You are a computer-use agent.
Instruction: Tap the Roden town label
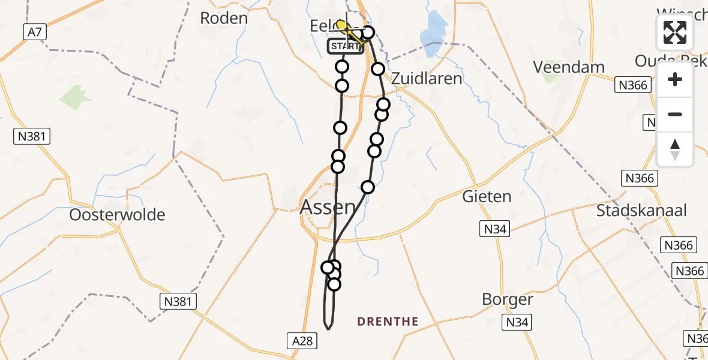pos(224,18)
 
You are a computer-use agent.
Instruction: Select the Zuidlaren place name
pos(427,79)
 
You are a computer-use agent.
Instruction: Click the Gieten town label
pos(487,196)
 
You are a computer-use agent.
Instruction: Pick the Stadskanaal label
pos(641,211)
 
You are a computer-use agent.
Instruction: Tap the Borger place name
pos(508,299)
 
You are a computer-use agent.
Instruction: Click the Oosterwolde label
pos(117,215)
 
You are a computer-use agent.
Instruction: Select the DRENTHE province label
pos(388,322)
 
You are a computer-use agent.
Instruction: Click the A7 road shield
pos(35,32)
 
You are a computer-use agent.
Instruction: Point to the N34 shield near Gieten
pos(496,228)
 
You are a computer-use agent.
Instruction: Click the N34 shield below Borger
pos(517,323)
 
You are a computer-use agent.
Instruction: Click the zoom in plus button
pos(675,79)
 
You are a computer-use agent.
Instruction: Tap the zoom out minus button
pos(675,114)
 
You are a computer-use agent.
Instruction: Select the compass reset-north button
pos(675,149)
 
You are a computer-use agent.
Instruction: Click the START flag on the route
pos(345,46)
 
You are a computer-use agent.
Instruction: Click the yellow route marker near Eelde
pos(341,25)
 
